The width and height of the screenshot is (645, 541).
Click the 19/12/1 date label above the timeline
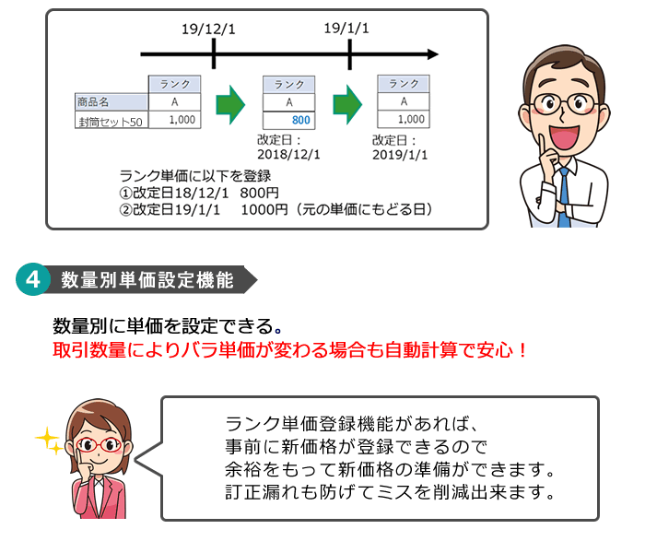point(208,29)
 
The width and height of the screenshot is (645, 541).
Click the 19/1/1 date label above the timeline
point(346,29)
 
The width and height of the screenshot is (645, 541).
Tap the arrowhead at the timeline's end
point(433,53)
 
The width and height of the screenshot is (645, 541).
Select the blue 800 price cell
point(289,120)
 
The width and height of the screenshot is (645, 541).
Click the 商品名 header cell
point(111,101)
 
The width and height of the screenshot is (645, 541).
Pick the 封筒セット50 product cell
point(111,120)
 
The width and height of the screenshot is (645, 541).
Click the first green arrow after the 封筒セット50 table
point(230,105)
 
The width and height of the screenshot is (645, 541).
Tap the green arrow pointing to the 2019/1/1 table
point(347,104)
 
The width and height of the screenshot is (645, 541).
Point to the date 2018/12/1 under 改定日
point(288,155)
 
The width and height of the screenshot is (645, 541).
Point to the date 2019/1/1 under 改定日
point(400,155)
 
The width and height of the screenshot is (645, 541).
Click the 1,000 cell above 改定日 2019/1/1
point(404,119)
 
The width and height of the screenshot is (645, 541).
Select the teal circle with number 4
point(33,279)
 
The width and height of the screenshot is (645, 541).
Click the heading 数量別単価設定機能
point(147,280)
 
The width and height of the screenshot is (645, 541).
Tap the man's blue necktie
point(564,197)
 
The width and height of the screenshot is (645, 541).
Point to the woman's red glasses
point(99,445)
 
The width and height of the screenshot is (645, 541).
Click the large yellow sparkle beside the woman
point(46,437)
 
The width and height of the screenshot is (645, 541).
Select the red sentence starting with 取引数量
point(290,350)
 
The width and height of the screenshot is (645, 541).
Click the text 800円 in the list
point(260,193)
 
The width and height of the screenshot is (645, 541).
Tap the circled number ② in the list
point(125,210)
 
